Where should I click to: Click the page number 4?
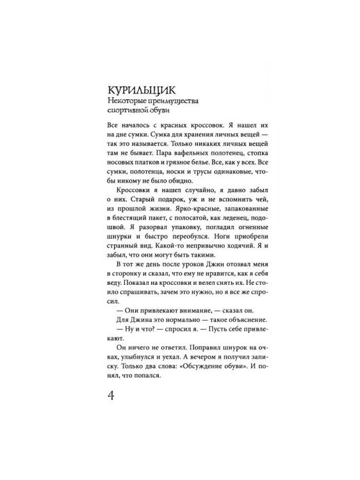[110, 395]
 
